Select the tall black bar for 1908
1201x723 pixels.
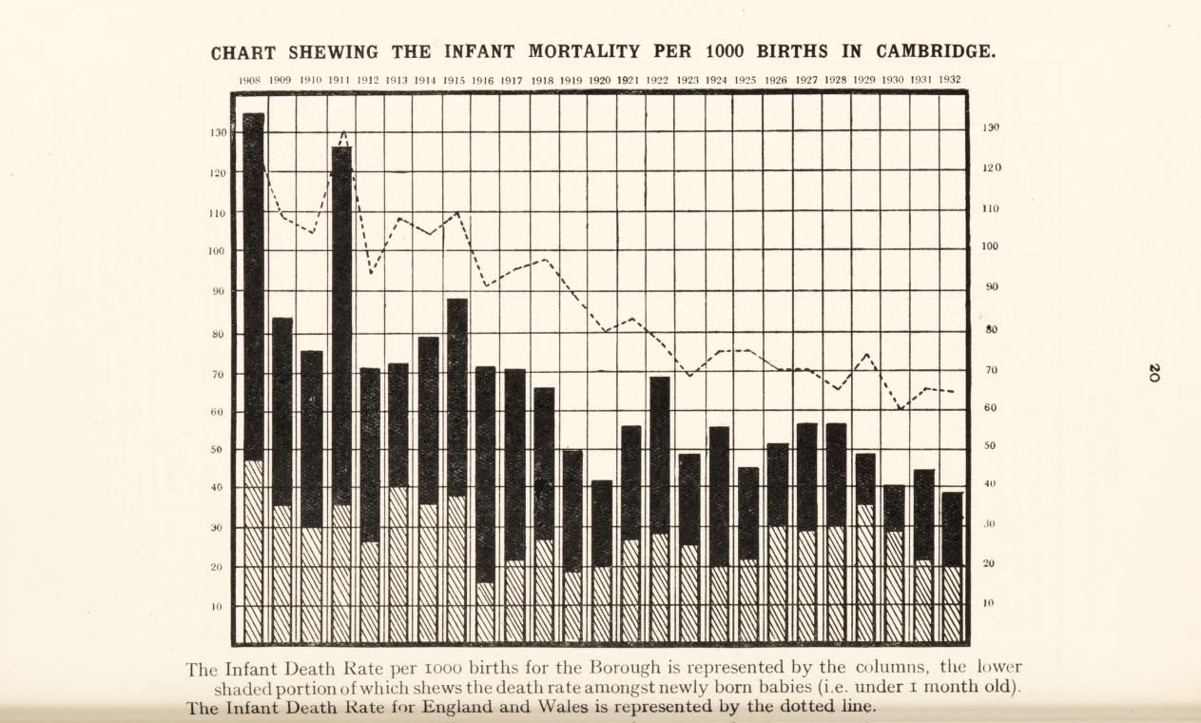[254, 285]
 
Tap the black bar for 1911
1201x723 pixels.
[341, 323]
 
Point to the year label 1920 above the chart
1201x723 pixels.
[599, 80]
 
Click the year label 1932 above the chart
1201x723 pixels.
[949, 80]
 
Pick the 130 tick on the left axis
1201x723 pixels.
[219, 133]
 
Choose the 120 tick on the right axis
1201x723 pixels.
[991, 168]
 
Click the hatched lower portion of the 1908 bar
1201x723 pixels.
[254, 552]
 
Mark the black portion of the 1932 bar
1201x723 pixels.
[952, 529]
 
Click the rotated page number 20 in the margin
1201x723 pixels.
[1153, 373]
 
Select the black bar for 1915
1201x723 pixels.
[457, 398]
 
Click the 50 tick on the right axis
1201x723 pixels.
[990, 446]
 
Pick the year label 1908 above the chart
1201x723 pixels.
[250, 81]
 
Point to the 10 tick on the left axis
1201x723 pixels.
[218, 607]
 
